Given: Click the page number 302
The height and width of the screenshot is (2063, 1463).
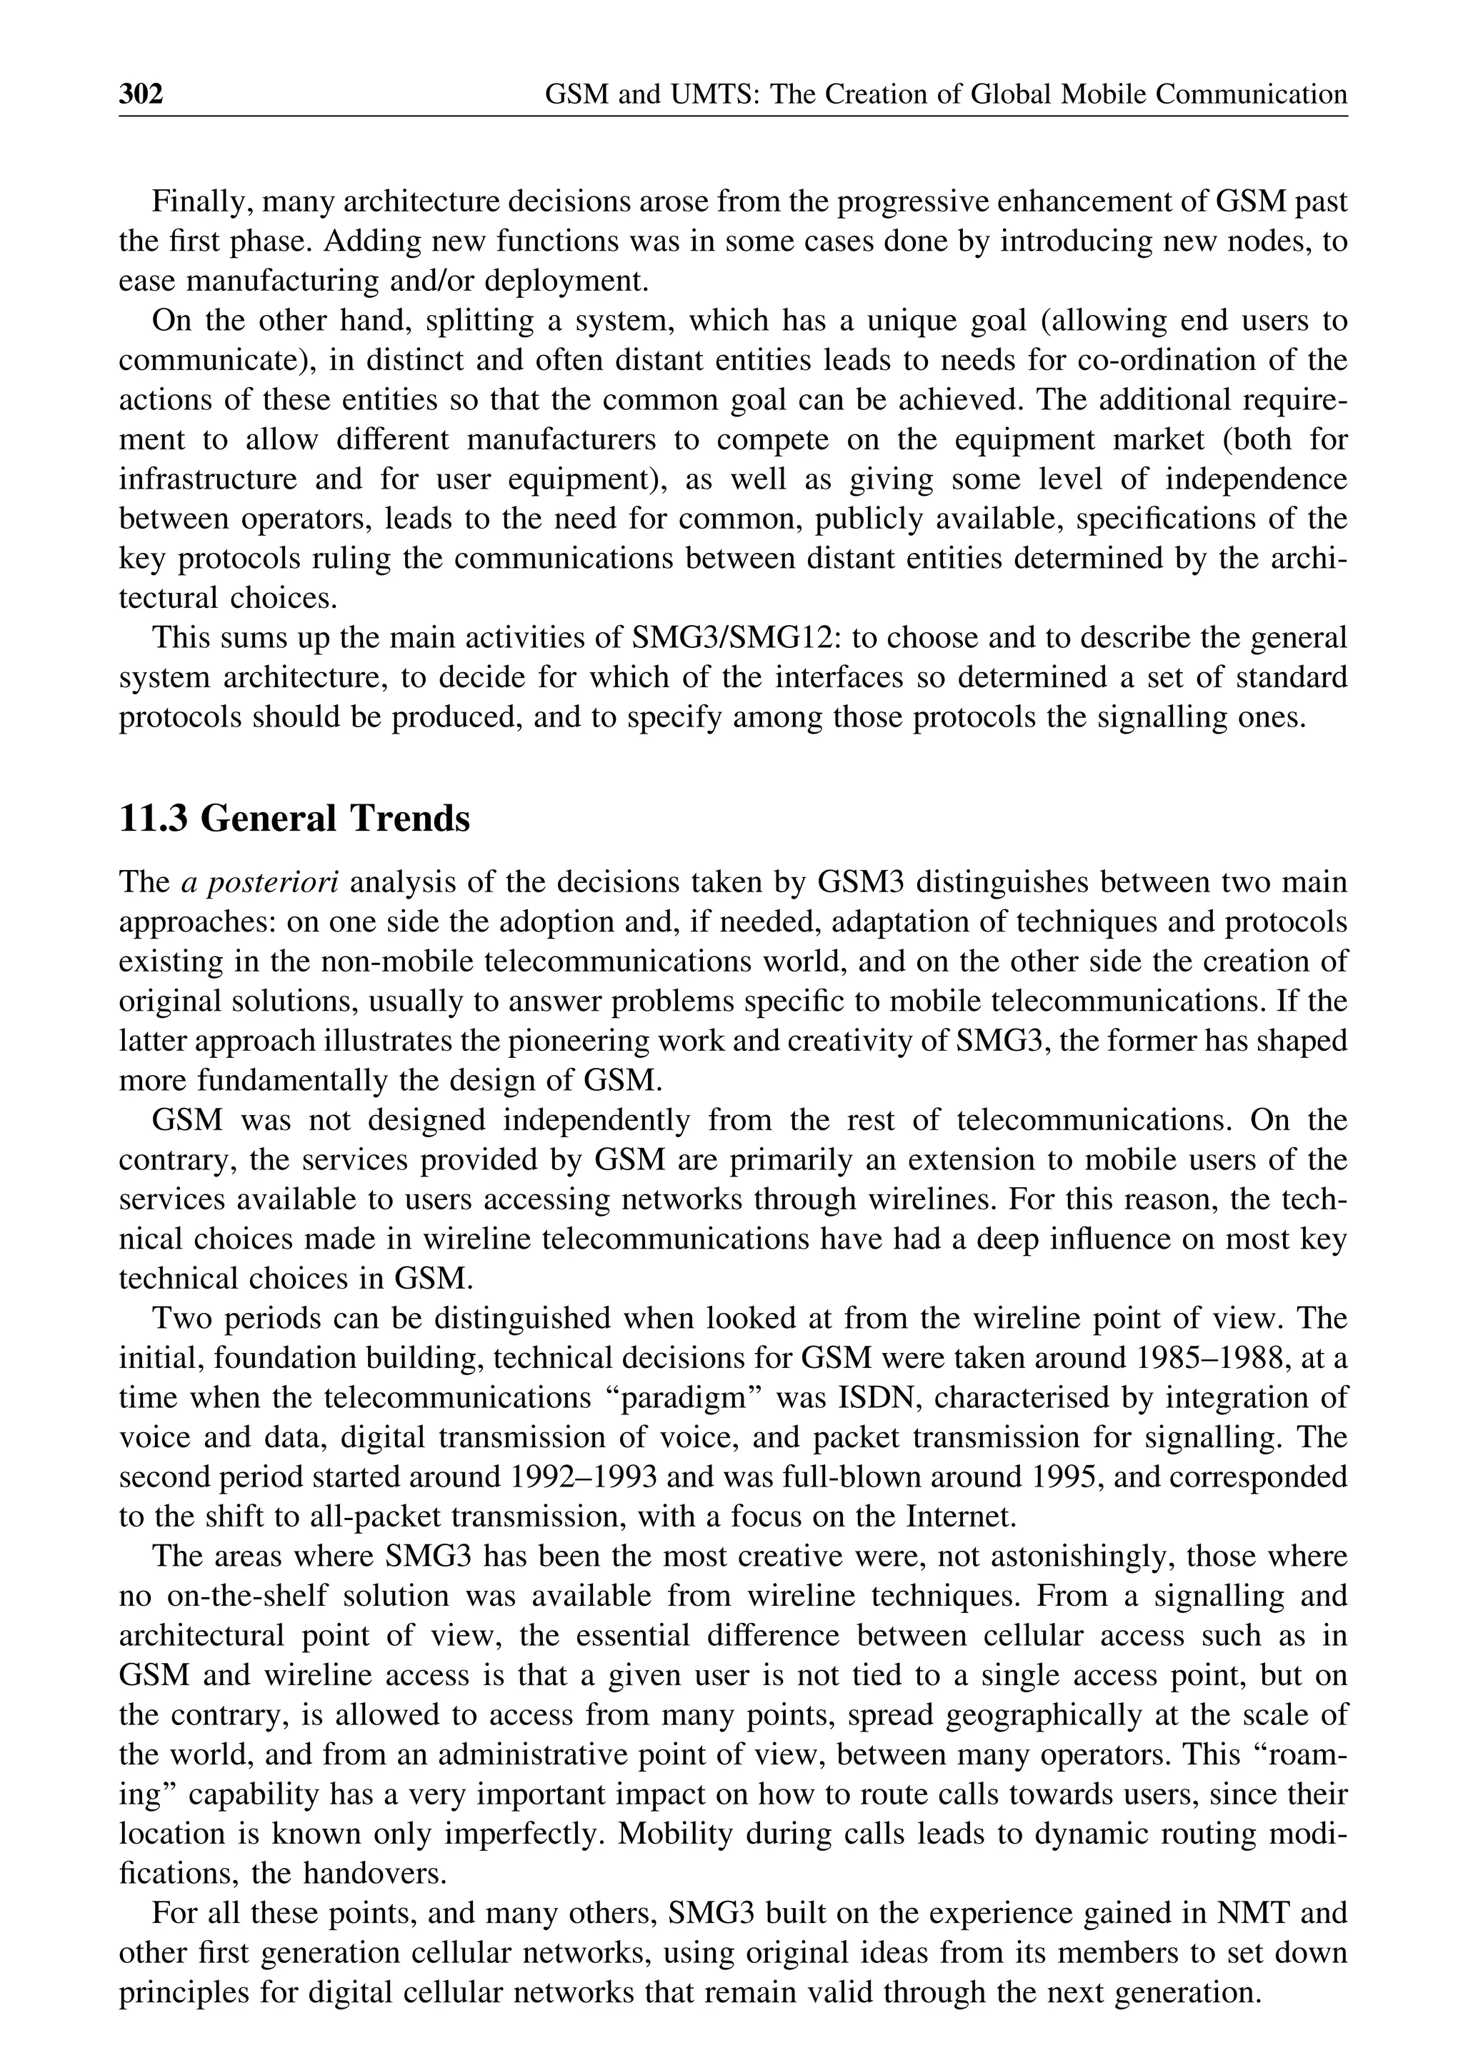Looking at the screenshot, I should coord(141,94).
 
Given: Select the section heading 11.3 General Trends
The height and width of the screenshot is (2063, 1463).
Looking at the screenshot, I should coord(294,819).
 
